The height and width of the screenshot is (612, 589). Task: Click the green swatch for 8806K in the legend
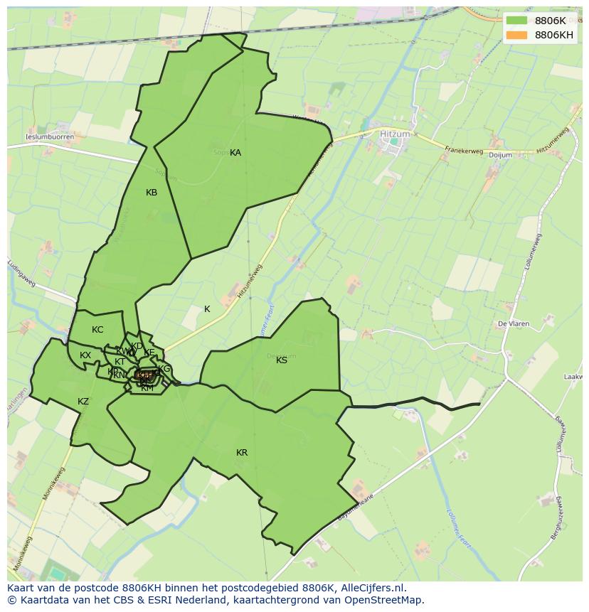516,21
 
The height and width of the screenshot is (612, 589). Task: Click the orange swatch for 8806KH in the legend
516,35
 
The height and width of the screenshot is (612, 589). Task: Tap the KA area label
235,153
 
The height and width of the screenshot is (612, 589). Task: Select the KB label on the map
152,193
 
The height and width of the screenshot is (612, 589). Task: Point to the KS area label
282,360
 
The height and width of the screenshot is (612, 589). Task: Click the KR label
242,453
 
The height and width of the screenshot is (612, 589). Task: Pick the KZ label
83,402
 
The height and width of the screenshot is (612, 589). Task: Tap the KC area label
97,330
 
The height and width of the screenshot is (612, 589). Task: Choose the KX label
85,355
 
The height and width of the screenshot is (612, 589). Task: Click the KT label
120,362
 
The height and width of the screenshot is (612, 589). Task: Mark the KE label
149,353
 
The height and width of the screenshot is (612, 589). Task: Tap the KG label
165,369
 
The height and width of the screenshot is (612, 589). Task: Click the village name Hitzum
395,133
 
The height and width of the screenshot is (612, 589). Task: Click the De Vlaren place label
513,324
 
